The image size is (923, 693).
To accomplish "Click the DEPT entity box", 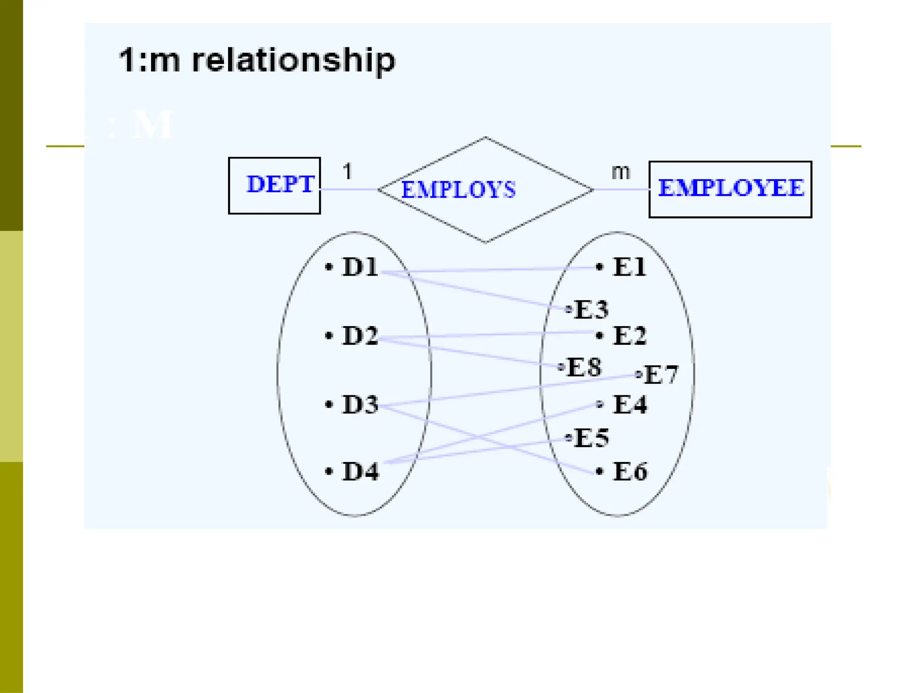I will (x=274, y=185).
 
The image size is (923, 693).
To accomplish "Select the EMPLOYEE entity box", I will (x=730, y=189).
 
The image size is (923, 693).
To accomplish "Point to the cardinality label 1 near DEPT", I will (x=347, y=171).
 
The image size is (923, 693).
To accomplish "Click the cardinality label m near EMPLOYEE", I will (x=621, y=172).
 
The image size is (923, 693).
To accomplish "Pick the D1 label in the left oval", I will (x=360, y=267).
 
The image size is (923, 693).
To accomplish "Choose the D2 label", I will (x=360, y=336).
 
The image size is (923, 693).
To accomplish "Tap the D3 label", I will (x=360, y=404).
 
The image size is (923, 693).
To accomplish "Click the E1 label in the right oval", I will (x=630, y=267).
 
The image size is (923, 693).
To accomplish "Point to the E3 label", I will (x=591, y=310).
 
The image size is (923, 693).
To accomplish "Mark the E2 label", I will (x=630, y=336).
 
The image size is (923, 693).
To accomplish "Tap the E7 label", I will (x=661, y=374).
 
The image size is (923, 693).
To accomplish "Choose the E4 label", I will (x=630, y=404).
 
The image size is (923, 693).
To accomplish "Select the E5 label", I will (x=591, y=438).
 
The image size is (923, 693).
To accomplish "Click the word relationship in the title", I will (x=293, y=60).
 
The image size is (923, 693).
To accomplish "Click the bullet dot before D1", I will (x=329, y=267).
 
